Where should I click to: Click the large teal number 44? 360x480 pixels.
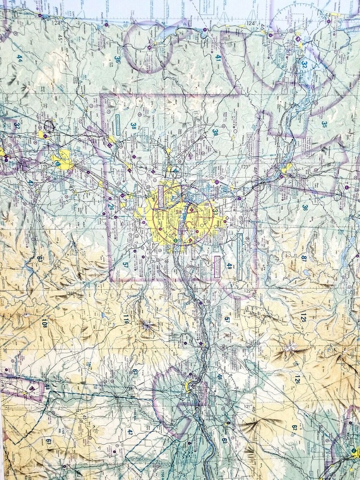20,58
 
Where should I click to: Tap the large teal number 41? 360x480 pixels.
218,58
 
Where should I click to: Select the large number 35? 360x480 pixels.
324,124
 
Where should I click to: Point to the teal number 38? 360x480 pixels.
133,126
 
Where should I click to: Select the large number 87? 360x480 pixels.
304,258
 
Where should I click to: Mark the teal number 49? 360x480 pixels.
229,266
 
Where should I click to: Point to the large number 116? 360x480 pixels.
126,321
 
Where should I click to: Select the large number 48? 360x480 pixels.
47,387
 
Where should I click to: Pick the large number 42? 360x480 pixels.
130,432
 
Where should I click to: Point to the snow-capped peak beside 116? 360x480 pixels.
146,326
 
